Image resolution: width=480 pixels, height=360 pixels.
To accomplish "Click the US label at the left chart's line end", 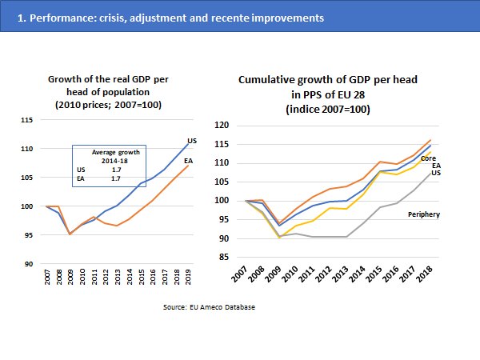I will [x=192, y=142].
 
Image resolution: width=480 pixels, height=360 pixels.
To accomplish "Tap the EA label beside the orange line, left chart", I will [x=188, y=162].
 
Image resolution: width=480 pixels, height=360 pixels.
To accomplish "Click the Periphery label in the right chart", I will [x=424, y=214].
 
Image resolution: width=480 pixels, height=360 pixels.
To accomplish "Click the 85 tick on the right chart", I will [x=223, y=258].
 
